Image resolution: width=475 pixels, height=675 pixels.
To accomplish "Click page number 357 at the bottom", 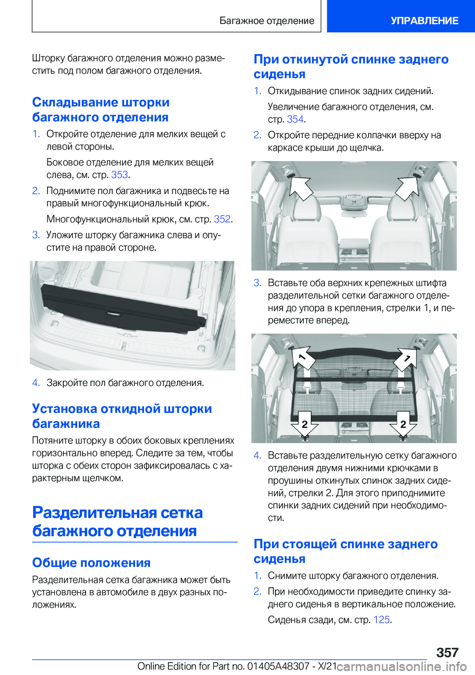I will click(447, 652).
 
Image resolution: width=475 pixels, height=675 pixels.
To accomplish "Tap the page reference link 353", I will click(119, 175).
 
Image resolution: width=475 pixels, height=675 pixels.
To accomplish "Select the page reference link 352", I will click(222, 219).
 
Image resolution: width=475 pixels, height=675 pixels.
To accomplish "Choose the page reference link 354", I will click(295, 119).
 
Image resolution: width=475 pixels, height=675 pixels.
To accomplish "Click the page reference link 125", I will click(381, 620).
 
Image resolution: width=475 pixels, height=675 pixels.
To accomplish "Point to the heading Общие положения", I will click(91, 563).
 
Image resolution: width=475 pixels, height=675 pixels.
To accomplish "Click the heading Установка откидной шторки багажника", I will click(122, 416).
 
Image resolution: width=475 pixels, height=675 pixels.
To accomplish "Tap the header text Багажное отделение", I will click(267, 21).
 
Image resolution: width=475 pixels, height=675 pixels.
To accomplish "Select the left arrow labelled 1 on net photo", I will click(303, 357).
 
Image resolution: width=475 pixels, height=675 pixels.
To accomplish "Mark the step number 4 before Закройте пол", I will click(36, 383).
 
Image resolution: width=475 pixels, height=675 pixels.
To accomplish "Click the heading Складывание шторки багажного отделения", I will click(100, 110).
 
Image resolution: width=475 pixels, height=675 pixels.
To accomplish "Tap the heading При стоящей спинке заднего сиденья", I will click(345, 551).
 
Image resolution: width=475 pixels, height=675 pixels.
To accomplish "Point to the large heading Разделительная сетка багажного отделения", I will click(117, 521).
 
